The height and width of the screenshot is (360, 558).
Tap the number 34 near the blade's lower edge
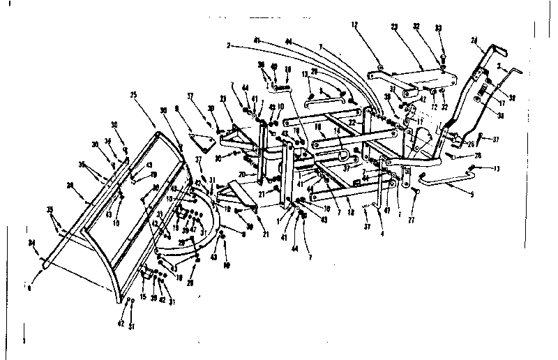click(31, 243)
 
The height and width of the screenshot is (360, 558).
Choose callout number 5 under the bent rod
click(472, 193)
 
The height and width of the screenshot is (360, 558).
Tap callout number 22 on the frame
click(354, 122)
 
